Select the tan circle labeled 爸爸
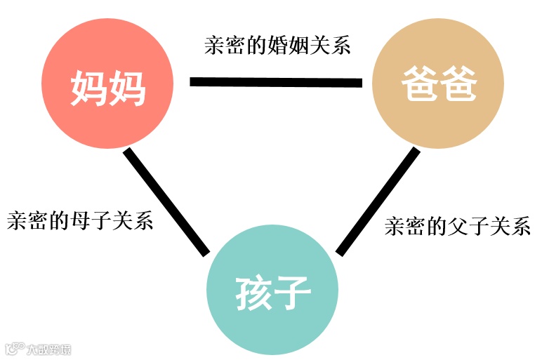click(x=438, y=83)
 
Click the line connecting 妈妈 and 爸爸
click(x=275, y=82)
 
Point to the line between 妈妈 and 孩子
click(x=166, y=201)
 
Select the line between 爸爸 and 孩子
click(x=377, y=201)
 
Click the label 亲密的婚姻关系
click(x=277, y=46)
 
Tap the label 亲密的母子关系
click(x=79, y=221)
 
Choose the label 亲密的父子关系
click(x=458, y=226)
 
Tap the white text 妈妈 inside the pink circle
click(x=107, y=88)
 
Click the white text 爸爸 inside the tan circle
click(x=438, y=86)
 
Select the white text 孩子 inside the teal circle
click(x=272, y=293)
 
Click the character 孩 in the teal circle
click(x=252, y=293)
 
